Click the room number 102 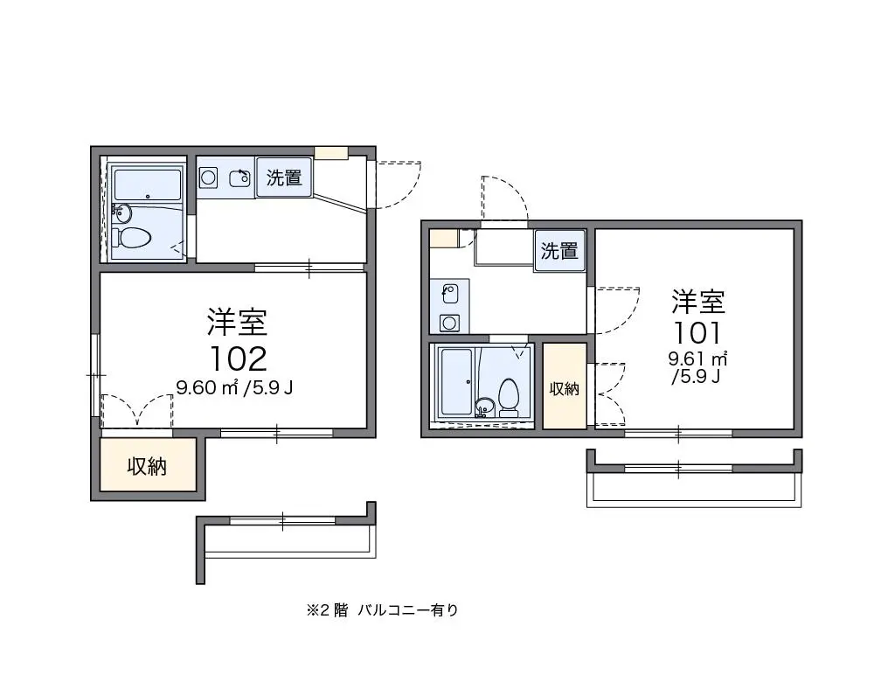coord(239,358)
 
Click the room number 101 coord(697,332)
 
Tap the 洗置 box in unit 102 coord(284,177)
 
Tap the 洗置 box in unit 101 coord(559,251)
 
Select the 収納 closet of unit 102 coord(148,465)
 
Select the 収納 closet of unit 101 coord(564,386)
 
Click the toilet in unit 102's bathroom coord(131,238)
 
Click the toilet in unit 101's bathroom coord(509,395)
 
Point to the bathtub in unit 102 coord(147,184)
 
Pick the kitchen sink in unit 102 coord(240,178)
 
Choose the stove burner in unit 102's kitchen coord(208,178)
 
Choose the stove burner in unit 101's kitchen coord(449,323)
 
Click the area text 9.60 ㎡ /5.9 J coord(234,387)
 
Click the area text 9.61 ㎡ coord(697,358)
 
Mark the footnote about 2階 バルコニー coord(382,609)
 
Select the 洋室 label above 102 coord(237,322)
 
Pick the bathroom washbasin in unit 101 coord(484,407)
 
